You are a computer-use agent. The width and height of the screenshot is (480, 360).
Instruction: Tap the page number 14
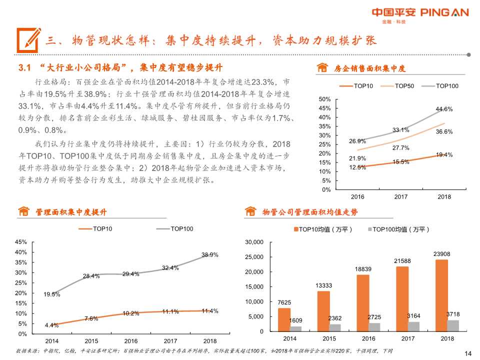tap(468, 353)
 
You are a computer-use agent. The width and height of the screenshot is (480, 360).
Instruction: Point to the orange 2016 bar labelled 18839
tap(363, 302)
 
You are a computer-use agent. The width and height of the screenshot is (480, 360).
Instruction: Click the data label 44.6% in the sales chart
tap(444, 109)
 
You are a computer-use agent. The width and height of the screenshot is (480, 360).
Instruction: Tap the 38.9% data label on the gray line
tap(209, 255)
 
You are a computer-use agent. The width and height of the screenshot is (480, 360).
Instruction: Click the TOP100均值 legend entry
tap(398, 229)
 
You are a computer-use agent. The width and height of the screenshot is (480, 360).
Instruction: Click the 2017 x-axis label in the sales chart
tap(401, 197)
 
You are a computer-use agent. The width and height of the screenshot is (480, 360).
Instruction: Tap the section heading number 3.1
tap(25, 67)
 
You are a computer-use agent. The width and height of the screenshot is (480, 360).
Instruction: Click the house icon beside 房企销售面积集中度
tap(323, 68)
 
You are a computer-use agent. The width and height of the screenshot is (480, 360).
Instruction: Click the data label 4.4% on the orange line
tap(51, 325)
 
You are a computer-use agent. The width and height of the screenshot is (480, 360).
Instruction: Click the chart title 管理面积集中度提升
tap(70, 212)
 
